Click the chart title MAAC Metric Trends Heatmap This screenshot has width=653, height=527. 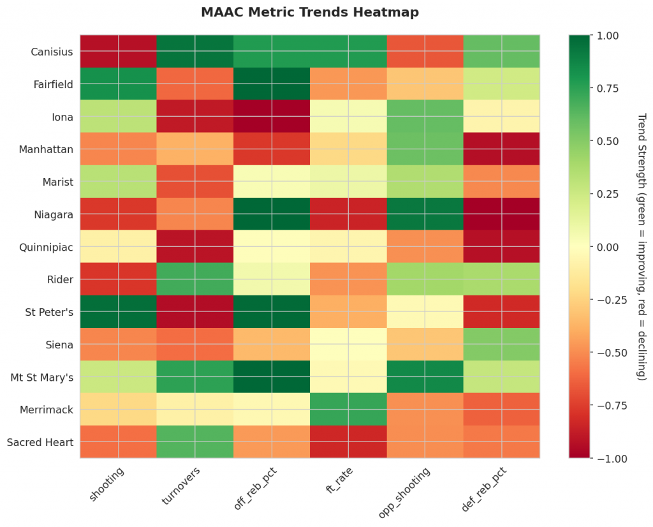tap(310, 12)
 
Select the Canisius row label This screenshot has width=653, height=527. tap(51, 52)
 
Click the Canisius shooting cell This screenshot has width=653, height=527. tap(119, 52)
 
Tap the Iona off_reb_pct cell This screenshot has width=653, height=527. tap(272, 117)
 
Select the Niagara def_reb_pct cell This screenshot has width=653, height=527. tap(501, 214)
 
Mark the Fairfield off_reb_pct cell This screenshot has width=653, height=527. tap(272, 84)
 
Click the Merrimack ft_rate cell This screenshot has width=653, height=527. tap(348, 410)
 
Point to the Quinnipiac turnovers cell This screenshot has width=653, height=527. tap(195, 247)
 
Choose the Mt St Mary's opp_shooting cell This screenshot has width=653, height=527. tap(425, 377)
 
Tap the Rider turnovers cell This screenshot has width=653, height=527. tap(195, 279)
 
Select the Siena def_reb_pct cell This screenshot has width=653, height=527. tap(501, 345)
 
